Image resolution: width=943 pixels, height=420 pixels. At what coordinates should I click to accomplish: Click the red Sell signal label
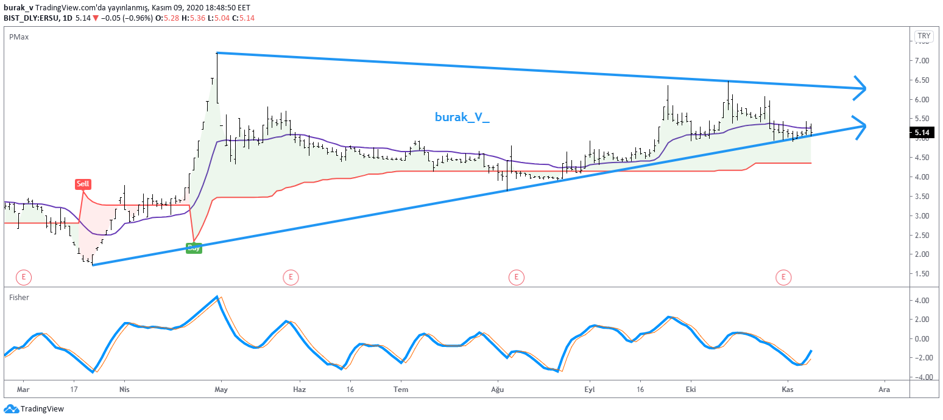tap(83, 183)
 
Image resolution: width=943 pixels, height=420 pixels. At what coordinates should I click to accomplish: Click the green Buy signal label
tap(194, 248)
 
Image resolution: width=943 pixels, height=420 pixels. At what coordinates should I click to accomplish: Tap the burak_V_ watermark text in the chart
tap(462, 117)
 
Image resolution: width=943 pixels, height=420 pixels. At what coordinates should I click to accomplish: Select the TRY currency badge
tap(924, 36)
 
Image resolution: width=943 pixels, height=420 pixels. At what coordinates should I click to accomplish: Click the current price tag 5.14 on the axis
tap(922, 133)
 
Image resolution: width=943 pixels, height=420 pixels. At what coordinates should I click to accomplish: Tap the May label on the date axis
tap(221, 389)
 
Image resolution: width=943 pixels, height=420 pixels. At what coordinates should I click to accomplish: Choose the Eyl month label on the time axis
tap(589, 389)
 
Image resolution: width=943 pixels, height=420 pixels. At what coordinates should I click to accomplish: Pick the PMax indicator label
tap(18, 37)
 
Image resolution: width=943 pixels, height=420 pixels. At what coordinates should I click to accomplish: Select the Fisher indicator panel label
tap(19, 297)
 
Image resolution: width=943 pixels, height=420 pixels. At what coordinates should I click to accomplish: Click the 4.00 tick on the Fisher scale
tap(921, 300)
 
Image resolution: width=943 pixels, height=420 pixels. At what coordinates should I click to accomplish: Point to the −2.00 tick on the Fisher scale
tap(920, 358)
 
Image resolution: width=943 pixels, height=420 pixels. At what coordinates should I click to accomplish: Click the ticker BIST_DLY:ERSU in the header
tap(31, 18)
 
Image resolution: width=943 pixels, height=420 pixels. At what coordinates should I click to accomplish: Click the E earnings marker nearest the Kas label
tap(783, 278)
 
